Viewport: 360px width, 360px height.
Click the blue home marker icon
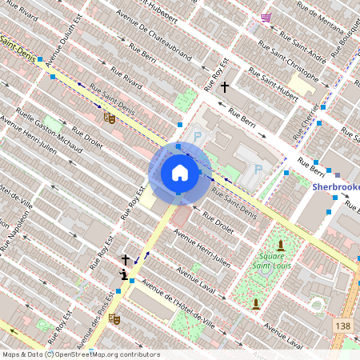coord(180,173)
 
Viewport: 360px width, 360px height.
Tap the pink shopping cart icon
coord(266,17)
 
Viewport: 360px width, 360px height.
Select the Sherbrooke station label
coord(336,186)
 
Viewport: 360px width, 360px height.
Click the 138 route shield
coord(344,326)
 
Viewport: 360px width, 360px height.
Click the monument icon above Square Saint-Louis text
coord(281,244)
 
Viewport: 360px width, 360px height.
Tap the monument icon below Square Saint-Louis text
coord(255,303)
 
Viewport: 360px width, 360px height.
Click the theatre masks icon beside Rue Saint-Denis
coord(110,118)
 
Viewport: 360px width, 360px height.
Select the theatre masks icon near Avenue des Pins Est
coord(114,318)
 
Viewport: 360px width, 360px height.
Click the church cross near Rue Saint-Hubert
coord(225,86)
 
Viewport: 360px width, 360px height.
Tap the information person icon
coord(123,274)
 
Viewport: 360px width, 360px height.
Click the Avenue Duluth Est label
coord(63,38)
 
